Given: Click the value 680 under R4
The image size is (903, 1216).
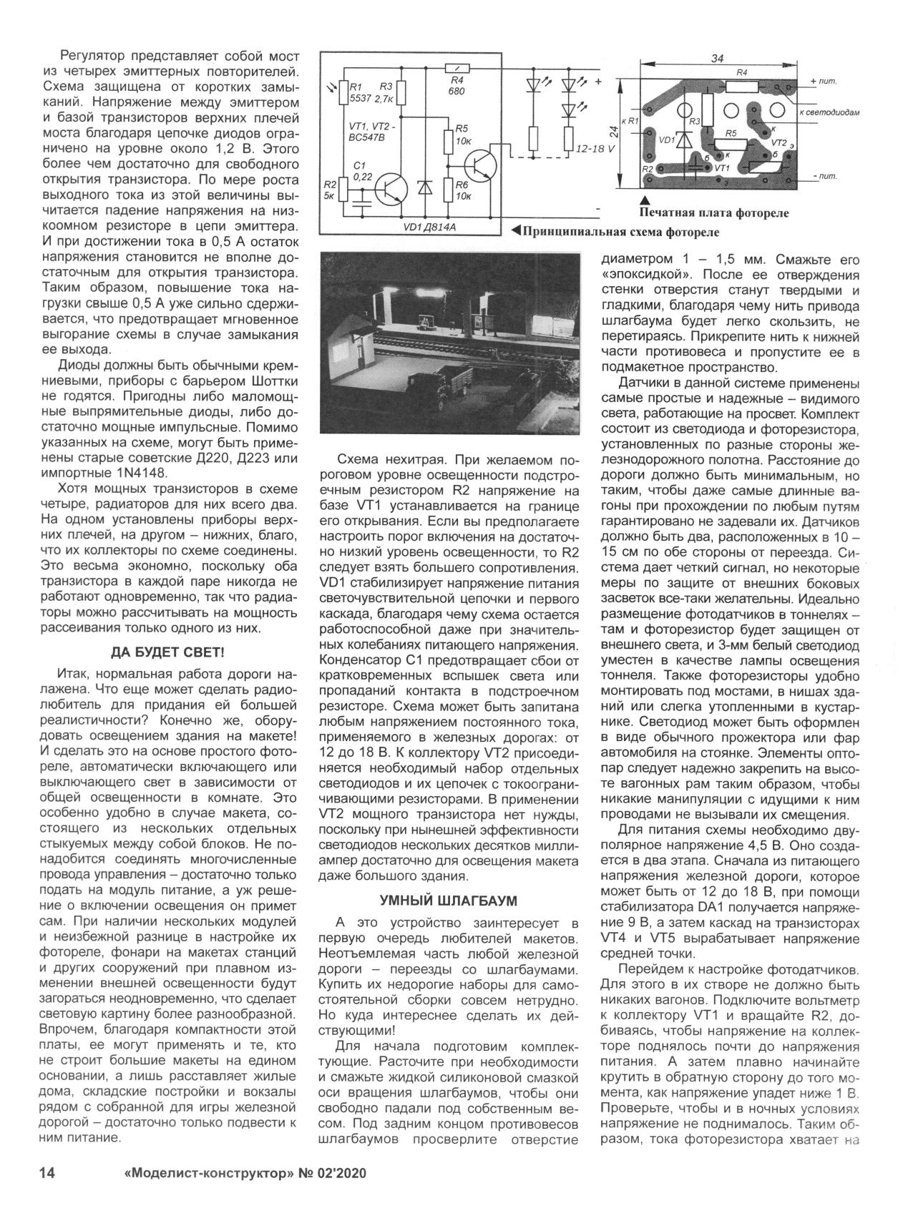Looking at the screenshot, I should tap(457, 92).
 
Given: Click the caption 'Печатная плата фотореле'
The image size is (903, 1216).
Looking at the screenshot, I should tap(716, 212).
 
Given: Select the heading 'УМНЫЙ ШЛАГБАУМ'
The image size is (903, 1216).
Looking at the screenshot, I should tap(448, 899).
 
